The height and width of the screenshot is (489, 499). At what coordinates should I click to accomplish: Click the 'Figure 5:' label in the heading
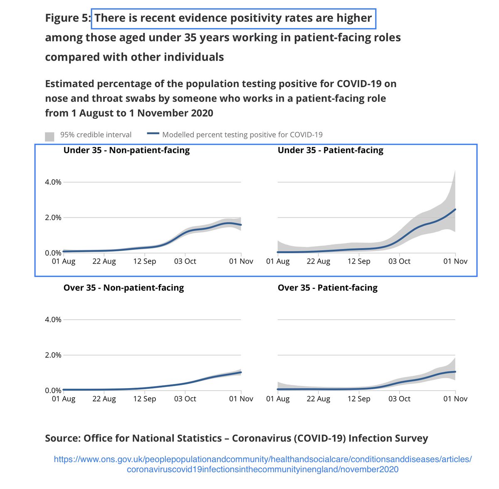pos(68,19)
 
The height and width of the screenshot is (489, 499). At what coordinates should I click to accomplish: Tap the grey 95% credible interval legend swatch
pos(49,136)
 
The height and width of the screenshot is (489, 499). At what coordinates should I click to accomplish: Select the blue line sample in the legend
pos(153,134)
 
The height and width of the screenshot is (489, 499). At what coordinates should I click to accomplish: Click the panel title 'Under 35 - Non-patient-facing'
pos(126,150)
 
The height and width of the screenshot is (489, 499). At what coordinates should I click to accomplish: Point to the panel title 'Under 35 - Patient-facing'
pos(330,150)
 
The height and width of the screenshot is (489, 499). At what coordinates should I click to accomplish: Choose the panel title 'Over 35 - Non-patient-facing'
pos(124,288)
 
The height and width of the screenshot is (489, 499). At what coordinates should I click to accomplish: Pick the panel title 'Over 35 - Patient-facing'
pos(327,288)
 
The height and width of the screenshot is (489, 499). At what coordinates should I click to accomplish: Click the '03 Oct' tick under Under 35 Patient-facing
pos(399,262)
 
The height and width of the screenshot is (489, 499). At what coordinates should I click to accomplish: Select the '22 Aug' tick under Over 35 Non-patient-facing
pos(104,399)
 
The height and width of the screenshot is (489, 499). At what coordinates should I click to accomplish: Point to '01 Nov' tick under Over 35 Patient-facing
pos(455,399)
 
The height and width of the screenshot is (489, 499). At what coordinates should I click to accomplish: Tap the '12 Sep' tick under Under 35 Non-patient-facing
pos(144,262)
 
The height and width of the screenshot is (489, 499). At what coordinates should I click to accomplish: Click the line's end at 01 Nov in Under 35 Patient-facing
pos(455,209)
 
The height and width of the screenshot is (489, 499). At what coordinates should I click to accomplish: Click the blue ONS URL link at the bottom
pos(263,465)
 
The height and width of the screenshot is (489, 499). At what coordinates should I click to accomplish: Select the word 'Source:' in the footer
pos(62,438)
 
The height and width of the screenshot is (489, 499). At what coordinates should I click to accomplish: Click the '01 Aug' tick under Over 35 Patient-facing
pos(278,399)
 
